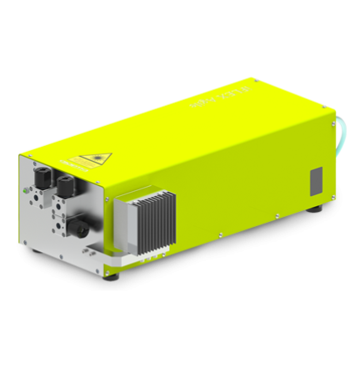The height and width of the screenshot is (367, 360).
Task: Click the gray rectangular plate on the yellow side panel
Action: click(x=316, y=179)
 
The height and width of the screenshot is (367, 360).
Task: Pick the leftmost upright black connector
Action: click(x=40, y=176)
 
